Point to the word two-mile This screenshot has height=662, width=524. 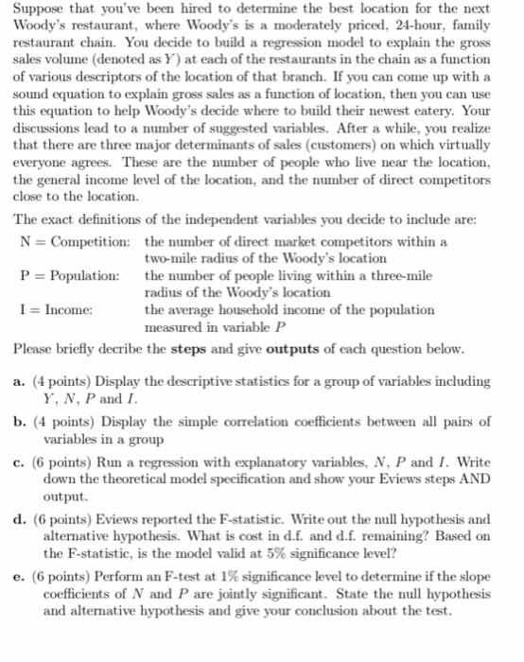pyautogui.click(x=169, y=258)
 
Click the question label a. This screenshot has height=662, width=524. pyautogui.click(x=20, y=381)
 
